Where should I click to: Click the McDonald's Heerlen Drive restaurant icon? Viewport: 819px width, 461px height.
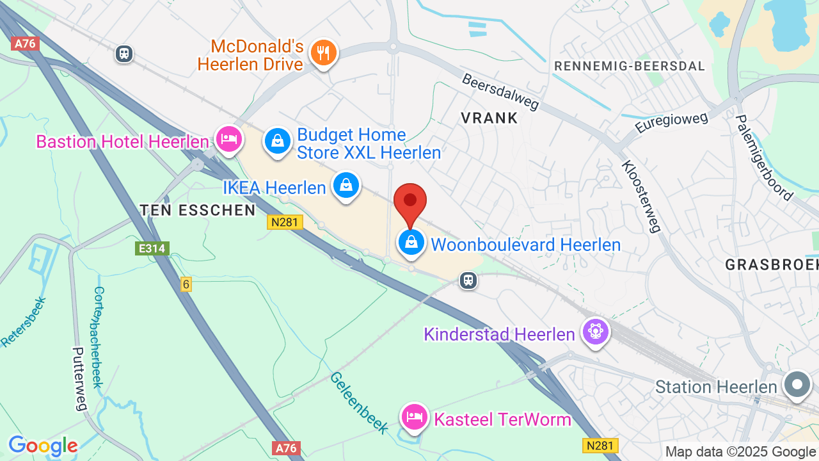(x=324, y=53)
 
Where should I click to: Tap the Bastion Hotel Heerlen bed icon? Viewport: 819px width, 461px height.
(x=228, y=138)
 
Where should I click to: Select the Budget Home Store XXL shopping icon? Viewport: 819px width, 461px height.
(x=278, y=140)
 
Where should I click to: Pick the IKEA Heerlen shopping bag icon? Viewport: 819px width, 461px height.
(x=346, y=185)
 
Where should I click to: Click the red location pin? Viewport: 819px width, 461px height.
(x=410, y=202)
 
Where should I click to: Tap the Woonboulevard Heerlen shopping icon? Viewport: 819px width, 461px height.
(x=411, y=243)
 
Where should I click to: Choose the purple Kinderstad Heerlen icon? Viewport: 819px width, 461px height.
(x=596, y=332)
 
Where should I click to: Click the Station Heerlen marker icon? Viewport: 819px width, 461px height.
(x=797, y=385)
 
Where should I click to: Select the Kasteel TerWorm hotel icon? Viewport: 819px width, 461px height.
(x=414, y=417)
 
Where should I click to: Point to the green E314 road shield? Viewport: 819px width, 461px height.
(x=152, y=249)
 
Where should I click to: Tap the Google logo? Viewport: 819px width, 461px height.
(x=43, y=446)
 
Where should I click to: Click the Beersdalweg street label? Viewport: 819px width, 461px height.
(x=500, y=92)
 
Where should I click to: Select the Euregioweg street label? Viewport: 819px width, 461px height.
(x=671, y=122)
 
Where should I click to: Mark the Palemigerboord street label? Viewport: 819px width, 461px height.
(x=764, y=158)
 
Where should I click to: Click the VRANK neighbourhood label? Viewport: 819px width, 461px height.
(x=489, y=118)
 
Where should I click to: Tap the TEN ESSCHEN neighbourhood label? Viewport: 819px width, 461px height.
(x=198, y=210)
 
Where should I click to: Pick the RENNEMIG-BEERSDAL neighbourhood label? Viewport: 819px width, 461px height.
(x=630, y=66)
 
